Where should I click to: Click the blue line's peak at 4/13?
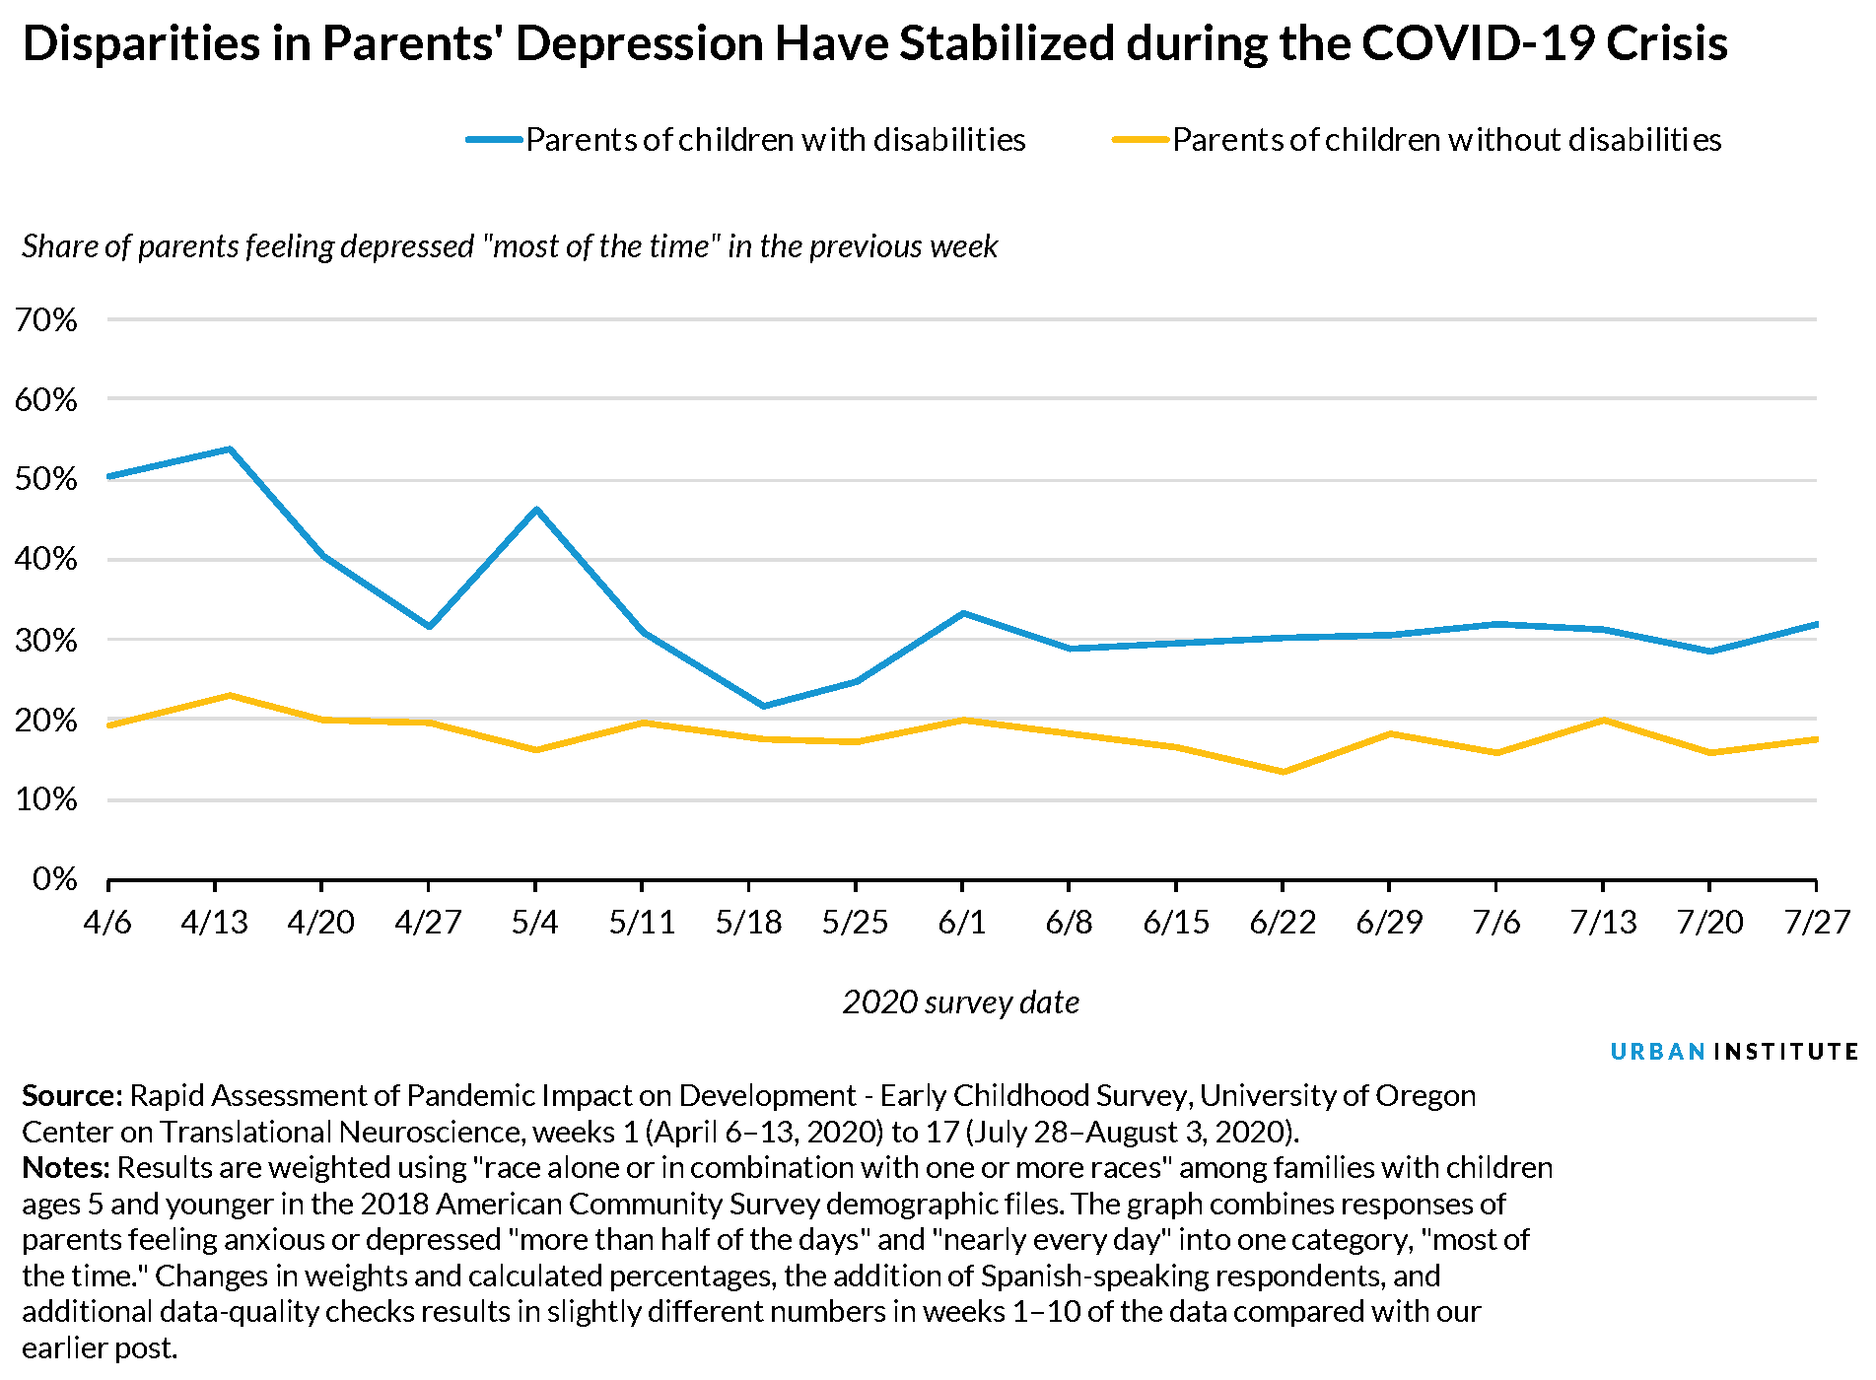(230, 449)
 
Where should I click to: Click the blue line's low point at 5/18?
(763, 706)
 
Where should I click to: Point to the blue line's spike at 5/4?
(536, 510)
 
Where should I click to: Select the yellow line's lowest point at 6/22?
(1283, 772)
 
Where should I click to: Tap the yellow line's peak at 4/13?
(230, 696)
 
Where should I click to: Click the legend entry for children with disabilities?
(775, 140)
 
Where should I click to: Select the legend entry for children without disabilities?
(1445, 140)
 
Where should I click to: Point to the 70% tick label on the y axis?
(46, 319)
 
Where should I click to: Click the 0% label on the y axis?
(54, 878)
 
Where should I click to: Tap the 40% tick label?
(46, 559)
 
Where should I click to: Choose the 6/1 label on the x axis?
(962, 923)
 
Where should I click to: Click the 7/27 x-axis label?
(1817, 923)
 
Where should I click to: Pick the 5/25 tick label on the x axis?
(855, 923)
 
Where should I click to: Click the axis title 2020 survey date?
(961, 1002)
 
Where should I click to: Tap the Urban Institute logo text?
(1733, 1052)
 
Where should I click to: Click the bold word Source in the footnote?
(72, 1096)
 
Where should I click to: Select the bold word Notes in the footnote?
(66, 1168)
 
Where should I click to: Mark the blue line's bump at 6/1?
(963, 613)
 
